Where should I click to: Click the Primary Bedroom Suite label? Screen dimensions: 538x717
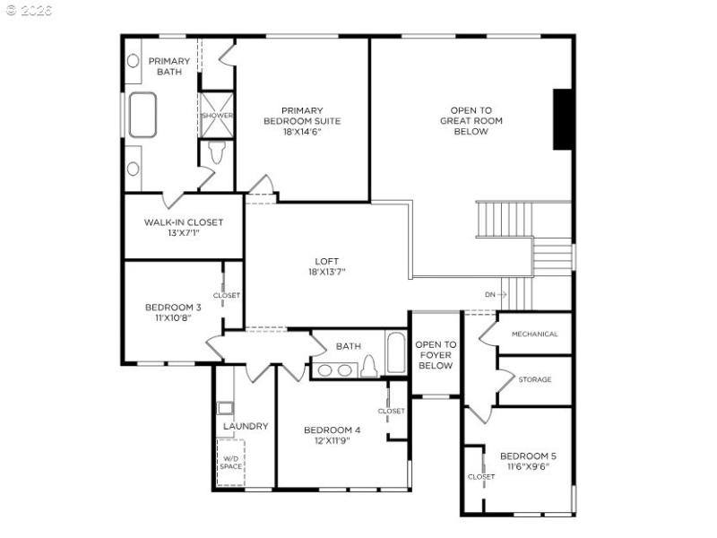coord(301,121)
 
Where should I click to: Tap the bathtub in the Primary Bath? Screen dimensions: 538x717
coord(143,115)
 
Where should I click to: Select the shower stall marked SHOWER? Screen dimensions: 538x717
coord(217,116)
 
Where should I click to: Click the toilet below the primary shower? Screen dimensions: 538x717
coord(216,153)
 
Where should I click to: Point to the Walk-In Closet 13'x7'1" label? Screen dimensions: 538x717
coord(184,227)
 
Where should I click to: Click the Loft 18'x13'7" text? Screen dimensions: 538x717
coord(326,265)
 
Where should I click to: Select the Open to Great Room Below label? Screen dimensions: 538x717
coord(471,121)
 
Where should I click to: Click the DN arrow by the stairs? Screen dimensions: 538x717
coord(496,294)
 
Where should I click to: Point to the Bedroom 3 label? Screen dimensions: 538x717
coord(173,313)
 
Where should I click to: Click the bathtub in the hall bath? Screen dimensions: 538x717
coord(395,353)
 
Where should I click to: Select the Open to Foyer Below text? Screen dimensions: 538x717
coord(436,354)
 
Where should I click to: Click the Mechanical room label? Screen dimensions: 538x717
coord(534,334)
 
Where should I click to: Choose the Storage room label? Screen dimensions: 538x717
coord(534,379)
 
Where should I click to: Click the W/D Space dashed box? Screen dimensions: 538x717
coord(231,463)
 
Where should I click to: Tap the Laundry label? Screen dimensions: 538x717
coord(246,426)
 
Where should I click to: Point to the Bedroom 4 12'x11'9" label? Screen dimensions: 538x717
coord(332,435)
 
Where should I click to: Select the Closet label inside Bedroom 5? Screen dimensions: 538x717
coord(480,476)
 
